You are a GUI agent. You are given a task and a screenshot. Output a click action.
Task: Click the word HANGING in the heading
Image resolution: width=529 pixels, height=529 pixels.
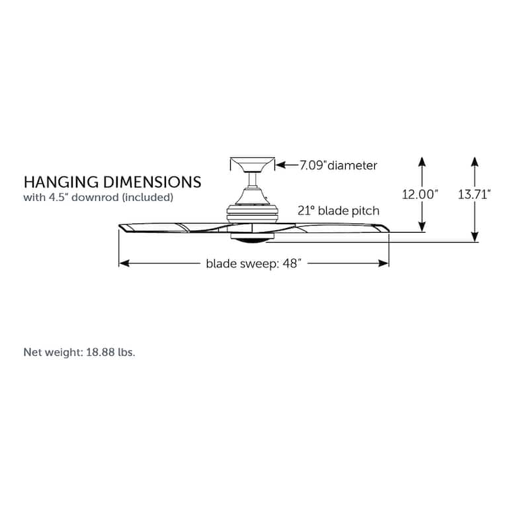click(x=61, y=183)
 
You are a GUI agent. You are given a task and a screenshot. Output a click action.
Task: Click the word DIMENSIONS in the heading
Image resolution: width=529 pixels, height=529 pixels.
click(x=153, y=183)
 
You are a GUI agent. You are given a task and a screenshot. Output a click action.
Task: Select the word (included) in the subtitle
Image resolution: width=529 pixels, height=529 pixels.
click(x=147, y=197)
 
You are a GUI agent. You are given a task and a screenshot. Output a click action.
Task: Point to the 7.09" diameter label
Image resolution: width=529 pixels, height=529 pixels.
click(x=339, y=165)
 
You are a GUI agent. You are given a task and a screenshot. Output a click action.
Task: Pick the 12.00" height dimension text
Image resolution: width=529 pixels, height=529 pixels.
click(x=420, y=194)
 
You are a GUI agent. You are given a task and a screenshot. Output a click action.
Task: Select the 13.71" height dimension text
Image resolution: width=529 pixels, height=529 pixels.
click(x=474, y=194)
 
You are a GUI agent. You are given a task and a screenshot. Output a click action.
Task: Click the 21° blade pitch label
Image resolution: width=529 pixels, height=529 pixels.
click(x=339, y=211)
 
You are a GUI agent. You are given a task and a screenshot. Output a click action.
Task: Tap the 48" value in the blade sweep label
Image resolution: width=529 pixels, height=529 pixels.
click(x=292, y=263)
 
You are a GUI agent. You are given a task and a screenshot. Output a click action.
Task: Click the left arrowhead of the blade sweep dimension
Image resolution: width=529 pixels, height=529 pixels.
click(x=124, y=263)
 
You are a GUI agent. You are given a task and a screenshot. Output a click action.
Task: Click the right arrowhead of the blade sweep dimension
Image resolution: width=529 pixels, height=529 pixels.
click(x=384, y=263)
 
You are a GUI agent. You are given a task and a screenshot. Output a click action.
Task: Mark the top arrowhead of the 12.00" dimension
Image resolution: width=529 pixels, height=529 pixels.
click(x=422, y=161)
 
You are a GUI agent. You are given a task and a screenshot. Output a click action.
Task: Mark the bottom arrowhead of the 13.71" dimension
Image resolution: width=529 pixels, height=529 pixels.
click(x=475, y=237)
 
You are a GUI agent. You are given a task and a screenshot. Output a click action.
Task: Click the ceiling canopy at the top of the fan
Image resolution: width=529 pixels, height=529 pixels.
click(x=253, y=164)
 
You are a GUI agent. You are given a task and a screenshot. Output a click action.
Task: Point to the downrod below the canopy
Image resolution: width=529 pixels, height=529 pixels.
click(x=253, y=180)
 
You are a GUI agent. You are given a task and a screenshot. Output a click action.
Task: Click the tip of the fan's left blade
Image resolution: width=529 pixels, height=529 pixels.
click(x=120, y=226)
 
